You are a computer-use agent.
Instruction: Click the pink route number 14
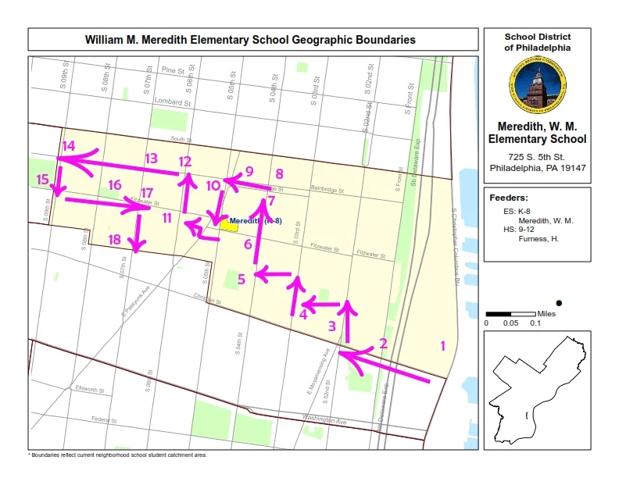[69, 146]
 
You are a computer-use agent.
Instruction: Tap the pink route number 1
[442, 346]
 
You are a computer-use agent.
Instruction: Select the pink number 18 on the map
[114, 240]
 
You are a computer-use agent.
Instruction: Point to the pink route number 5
[242, 279]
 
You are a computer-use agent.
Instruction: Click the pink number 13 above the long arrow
[151, 159]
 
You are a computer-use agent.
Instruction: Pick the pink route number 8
[279, 174]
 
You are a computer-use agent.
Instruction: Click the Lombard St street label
[173, 102]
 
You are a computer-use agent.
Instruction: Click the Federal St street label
[98, 420]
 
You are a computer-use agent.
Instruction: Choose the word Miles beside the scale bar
[548, 312]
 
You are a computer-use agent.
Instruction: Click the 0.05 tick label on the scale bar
[511, 323]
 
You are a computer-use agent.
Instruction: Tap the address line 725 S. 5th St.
[537, 158]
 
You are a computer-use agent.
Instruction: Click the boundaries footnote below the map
[117, 455]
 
